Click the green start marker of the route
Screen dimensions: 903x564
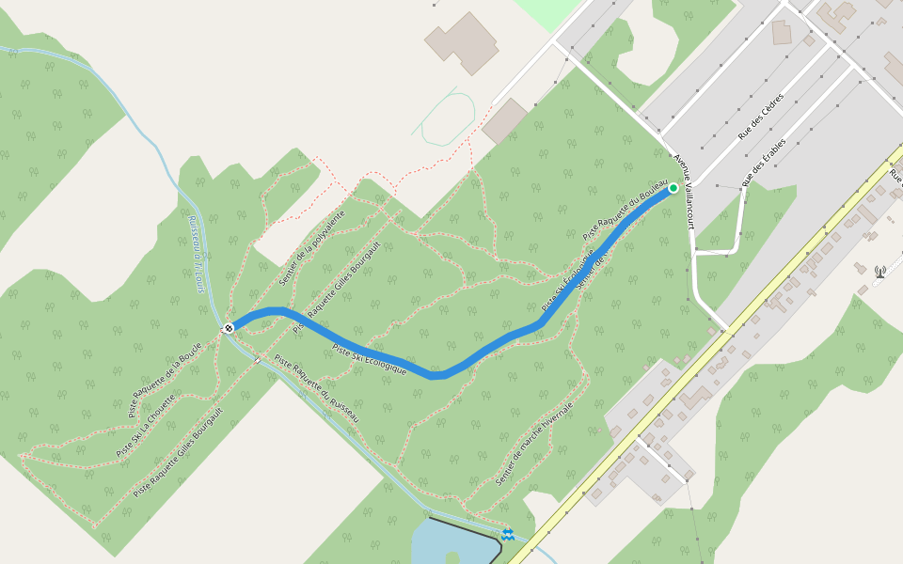point(673,188)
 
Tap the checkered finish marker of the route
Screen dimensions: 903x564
point(229,328)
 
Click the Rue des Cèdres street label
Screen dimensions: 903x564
point(762,117)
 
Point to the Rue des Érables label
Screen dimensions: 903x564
point(764,162)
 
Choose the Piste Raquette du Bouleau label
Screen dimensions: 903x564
point(625,210)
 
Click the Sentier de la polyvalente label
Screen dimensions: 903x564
point(312,248)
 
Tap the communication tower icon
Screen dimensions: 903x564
point(880,272)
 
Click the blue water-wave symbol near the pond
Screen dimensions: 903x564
point(508,535)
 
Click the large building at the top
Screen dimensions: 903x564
point(462,41)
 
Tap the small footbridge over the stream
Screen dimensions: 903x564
point(257,358)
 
